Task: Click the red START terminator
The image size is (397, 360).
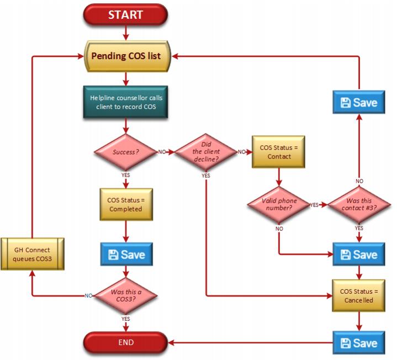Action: click(125, 15)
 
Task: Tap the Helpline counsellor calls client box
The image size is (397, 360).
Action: click(125, 102)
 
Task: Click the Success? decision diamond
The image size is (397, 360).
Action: click(125, 152)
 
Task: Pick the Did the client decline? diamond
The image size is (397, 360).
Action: click(205, 152)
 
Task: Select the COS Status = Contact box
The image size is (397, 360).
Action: click(278, 152)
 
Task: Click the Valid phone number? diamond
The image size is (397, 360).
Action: click(279, 204)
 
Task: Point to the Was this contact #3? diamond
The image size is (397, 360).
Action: click(359, 204)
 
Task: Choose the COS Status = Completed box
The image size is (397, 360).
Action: click(126, 204)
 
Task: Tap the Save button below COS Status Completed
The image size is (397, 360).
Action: click(126, 254)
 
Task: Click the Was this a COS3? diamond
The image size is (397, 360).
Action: click(125, 296)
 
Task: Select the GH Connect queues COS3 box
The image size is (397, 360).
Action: click(33, 254)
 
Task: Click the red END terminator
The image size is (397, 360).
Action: click(125, 342)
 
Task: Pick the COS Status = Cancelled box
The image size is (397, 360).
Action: click(359, 296)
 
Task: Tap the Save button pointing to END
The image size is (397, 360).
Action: click(359, 343)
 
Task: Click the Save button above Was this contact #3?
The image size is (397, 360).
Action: click(359, 102)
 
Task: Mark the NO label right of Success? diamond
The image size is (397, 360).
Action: click(162, 152)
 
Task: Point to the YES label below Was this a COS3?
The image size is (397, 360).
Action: click(125, 319)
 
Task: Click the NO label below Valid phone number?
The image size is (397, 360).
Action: click(279, 229)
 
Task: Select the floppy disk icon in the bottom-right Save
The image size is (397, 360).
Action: click(345, 343)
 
